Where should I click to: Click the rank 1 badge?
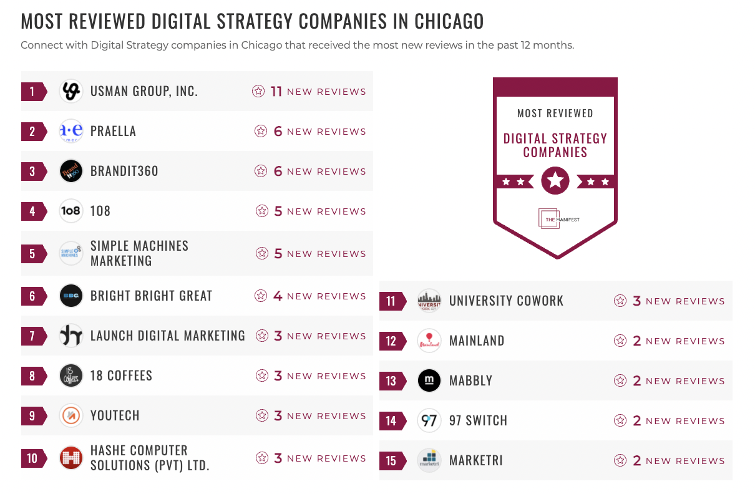[x=32, y=92]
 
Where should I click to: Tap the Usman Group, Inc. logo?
[x=71, y=92]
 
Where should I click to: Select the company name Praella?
[x=113, y=132]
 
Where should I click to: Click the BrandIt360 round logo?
[x=71, y=172]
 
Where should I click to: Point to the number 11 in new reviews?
[x=276, y=92]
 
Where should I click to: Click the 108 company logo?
[x=71, y=211]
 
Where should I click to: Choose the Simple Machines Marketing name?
[x=139, y=253]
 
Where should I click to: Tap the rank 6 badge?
[x=32, y=296]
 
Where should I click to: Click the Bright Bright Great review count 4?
[x=278, y=296]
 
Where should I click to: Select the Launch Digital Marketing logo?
[x=71, y=336]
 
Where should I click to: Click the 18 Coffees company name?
[x=121, y=376]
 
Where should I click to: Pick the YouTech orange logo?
[x=71, y=416]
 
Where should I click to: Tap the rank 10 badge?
[x=32, y=458]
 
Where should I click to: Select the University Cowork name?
[x=506, y=301]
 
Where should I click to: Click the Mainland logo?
[x=429, y=341]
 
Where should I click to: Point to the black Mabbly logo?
[x=429, y=381]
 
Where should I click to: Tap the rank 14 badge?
[x=391, y=421]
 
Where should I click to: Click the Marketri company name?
[x=475, y=461]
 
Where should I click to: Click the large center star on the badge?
[x=555, y=182]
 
